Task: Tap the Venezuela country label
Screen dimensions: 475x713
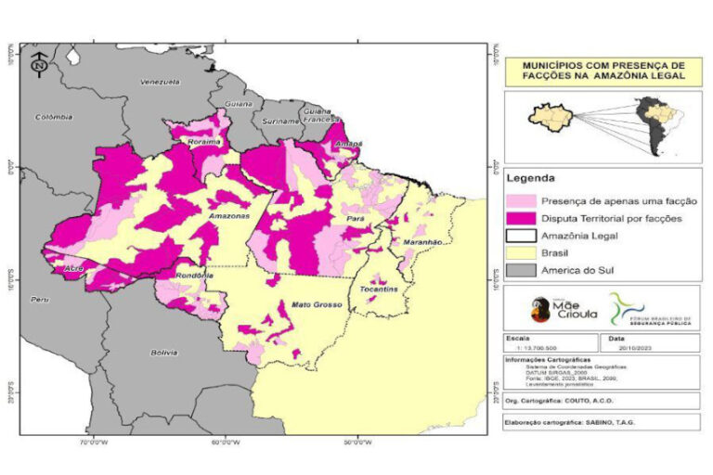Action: click(158, 83)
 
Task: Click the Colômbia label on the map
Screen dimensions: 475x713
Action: click(53, 118)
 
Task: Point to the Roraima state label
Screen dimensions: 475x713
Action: click(203, 142)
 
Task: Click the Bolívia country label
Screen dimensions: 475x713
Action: click(164, 353)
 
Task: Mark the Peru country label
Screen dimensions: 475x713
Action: click(40, 300)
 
